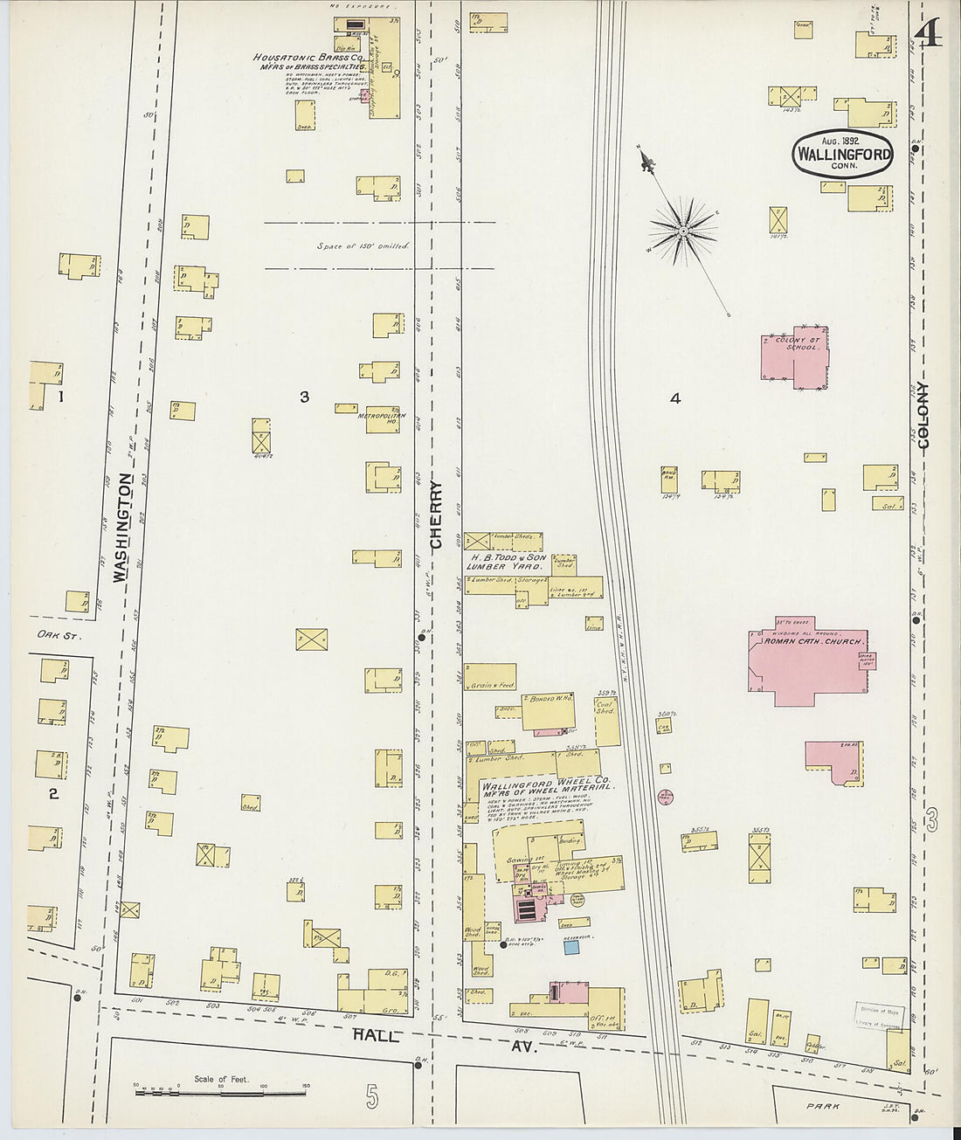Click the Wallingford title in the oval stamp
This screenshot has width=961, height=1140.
tap(843, 155)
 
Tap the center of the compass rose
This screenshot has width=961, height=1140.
tap(682, 231)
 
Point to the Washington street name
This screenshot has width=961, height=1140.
tap(122, 528)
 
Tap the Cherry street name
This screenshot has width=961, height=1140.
tap(437, 515)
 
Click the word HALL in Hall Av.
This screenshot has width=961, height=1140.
tap(376, 1035)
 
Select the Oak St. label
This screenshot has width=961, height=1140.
tap(58, 636)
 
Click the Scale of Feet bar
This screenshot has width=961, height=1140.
tap(220, 1088)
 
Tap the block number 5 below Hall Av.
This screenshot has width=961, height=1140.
tap(373, 1096)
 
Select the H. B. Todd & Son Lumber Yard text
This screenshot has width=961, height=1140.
tap(508, 561)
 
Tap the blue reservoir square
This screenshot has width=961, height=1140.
tap(570, 947)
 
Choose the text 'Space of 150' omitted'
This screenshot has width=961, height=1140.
tap(363, 245)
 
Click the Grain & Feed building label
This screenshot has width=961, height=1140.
tap(491, 686)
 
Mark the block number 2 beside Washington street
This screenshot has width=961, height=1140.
tap(53, 793)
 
